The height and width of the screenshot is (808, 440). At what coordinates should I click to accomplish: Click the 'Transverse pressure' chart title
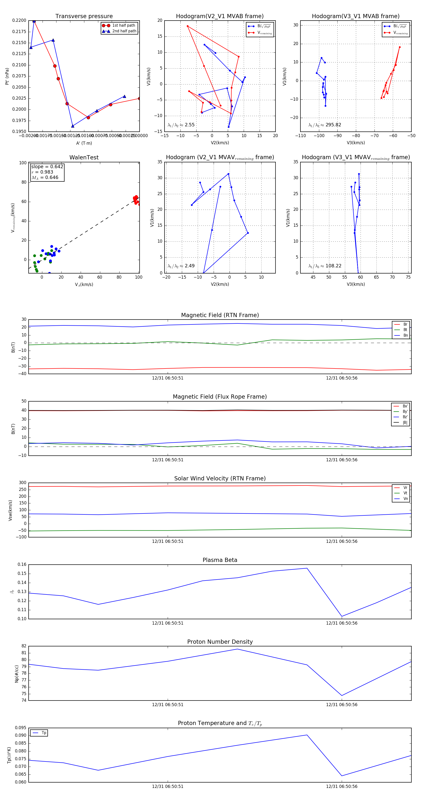pyautogui.click(x=84, y=16)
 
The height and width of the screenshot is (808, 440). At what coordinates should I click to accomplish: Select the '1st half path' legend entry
pyautogui.click(x=123, y=25)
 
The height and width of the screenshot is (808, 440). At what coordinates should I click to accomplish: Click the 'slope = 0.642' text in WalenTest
pyautogui.click(x=47, y=166)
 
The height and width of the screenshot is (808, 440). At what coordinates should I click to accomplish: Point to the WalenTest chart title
pyautogui.click(x=84, y=157)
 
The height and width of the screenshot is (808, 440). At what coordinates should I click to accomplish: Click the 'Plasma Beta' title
pyautogui.click(x=220, y=560)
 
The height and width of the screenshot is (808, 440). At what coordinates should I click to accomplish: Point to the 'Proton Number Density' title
pyautogui.click(x=220, y=642)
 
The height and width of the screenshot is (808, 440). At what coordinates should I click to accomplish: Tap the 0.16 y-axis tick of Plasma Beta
pyautogui.click(x=22, y=565)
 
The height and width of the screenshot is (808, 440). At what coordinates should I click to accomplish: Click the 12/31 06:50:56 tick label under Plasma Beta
pyautogui.click(x=342, y=623)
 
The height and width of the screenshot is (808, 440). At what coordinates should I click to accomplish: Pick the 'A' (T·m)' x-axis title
pyautogui.click(x=84, y=143)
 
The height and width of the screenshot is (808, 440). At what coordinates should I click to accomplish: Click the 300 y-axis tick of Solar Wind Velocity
pyautogui.click(x=22, y=483)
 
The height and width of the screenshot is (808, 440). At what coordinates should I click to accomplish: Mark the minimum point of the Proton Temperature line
pyautogui.click(x=342, y=776)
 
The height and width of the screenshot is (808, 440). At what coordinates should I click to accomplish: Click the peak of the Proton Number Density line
pyautogui.click(x=237, y=649)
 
